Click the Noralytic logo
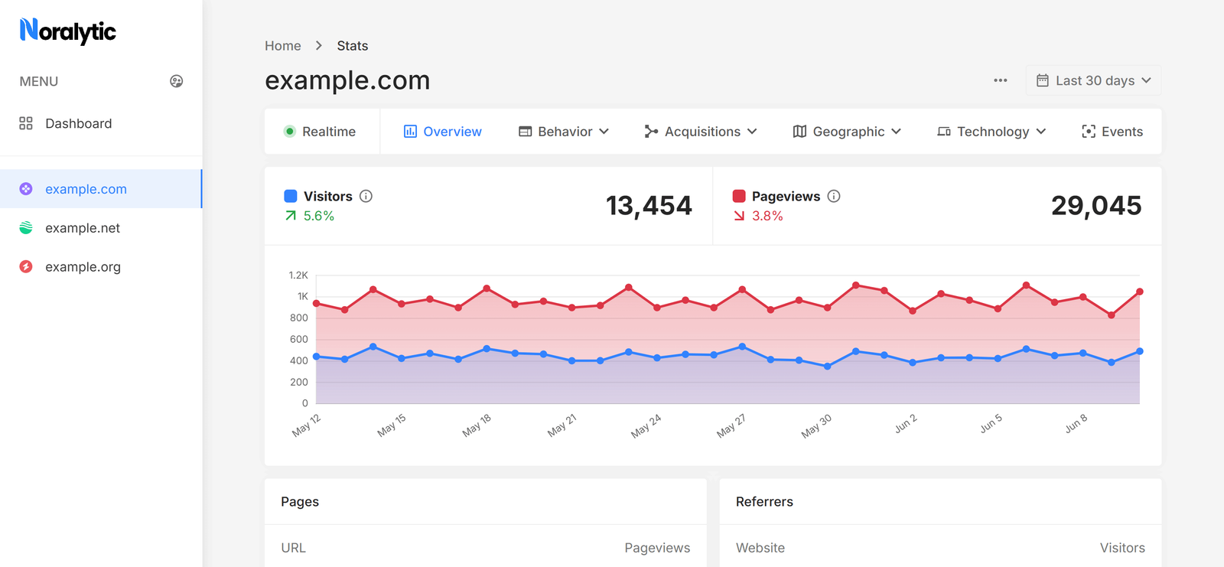[68, 31]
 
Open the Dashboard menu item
[78, 123]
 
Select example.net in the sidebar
[83, 228]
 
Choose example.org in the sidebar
[83, 267]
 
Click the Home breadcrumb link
[283, 46]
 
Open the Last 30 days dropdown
[1093, 80]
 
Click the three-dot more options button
[1000, 80]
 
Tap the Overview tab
[443, 132]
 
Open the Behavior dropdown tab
[564, 132]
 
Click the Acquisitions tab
[701, 132]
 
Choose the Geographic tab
[847, 132]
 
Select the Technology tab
[991, 132]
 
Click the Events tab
[1112, 132]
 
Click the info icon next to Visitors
[366, 196]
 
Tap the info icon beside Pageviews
[834, 196]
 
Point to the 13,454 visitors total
[649, 206]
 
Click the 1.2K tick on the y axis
[298, 275]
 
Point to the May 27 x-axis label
[731, 426]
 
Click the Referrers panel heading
[764, 502]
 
